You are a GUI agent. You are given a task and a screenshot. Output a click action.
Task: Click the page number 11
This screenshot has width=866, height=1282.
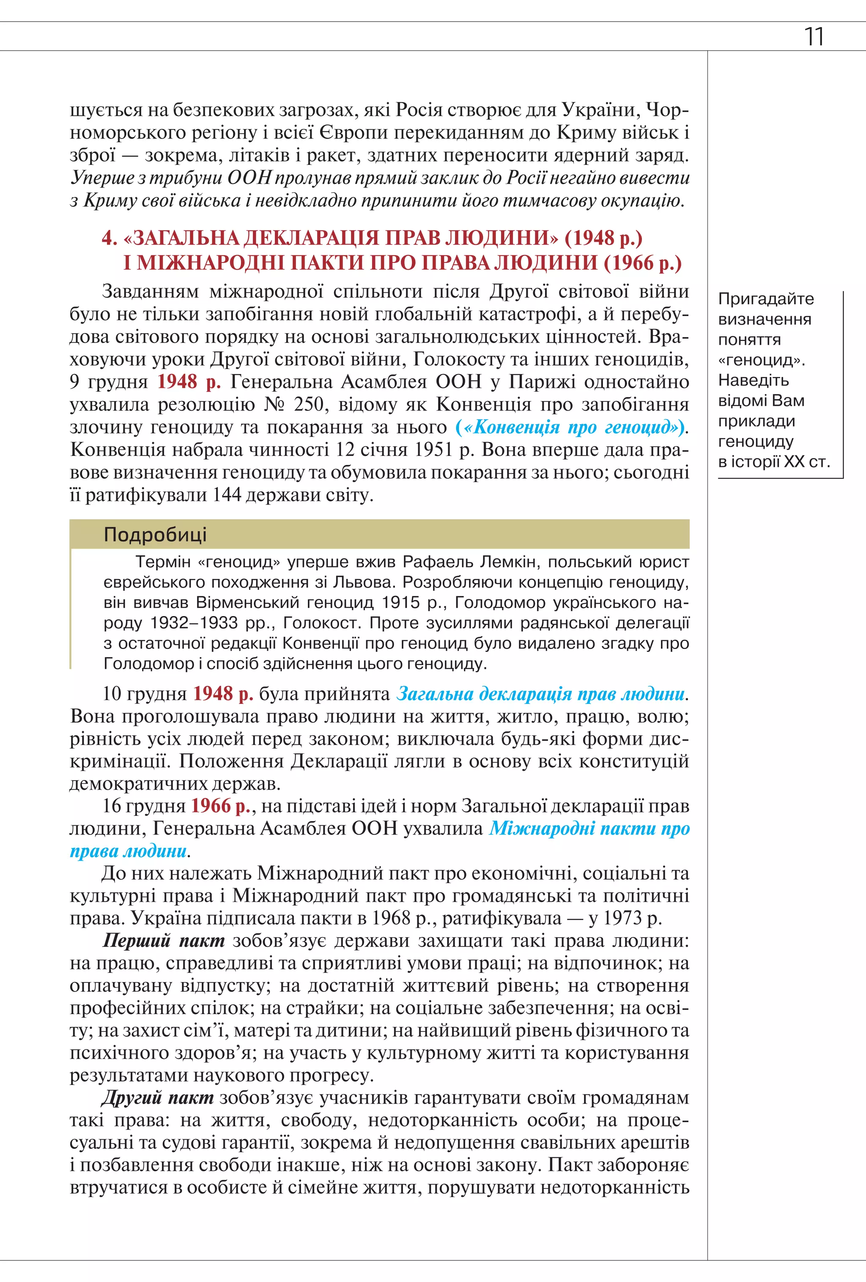[x=814, y=36]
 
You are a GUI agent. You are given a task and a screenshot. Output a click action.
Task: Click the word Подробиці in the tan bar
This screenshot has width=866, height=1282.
[x=155, y=534]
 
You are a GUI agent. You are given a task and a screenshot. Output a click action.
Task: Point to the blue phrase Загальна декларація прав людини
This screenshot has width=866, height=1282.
[x=541, y=693]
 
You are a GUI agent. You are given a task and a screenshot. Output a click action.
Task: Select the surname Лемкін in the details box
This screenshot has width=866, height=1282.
[x=508, y=562]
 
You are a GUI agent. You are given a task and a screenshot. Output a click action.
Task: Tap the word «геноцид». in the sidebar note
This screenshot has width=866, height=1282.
[x=762, y=360]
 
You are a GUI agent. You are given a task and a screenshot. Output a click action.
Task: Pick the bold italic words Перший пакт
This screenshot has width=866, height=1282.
[x=164, y=941]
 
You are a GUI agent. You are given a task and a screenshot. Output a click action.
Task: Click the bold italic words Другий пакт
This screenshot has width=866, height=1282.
[x=158, y=1098]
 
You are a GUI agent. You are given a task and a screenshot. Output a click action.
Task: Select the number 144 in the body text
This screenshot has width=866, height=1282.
[x=226, y=495]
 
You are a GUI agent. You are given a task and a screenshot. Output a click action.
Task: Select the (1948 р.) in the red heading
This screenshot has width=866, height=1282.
[x=603, y=238]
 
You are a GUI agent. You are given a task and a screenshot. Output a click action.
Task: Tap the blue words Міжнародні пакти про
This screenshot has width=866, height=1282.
[x=589, y=829]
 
